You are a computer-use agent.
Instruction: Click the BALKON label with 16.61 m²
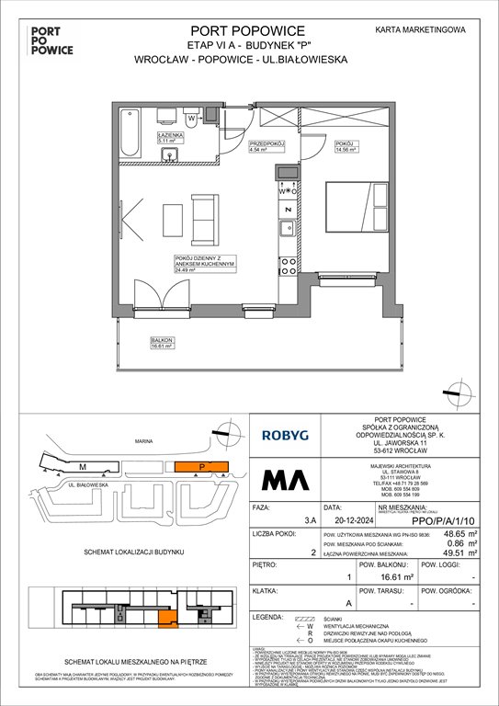(164, 345)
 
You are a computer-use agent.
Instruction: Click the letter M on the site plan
(82, 466)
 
